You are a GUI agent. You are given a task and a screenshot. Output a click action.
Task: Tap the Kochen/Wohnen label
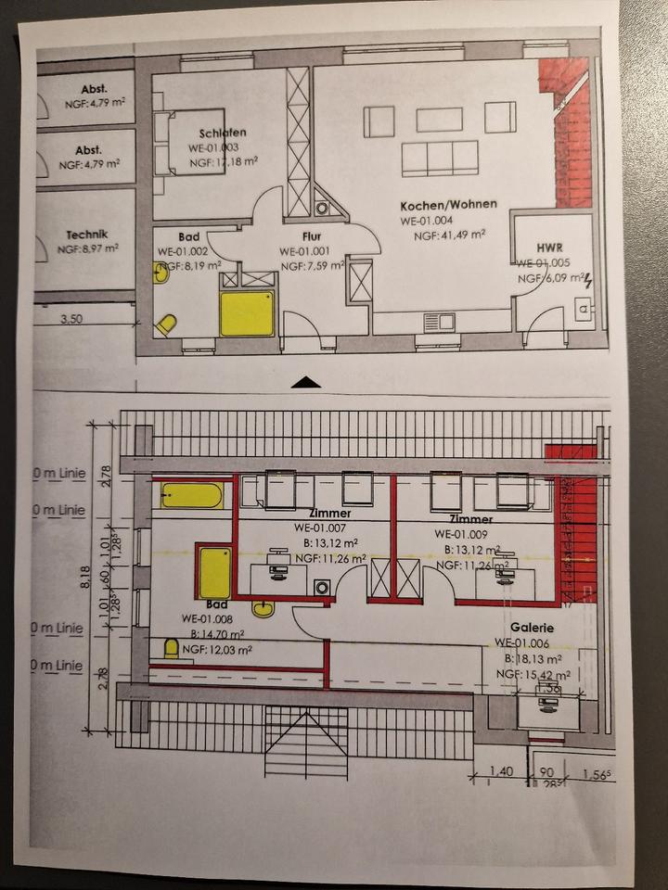tap(448, 205)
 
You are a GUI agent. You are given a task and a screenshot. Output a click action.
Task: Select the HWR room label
tap(550, 248)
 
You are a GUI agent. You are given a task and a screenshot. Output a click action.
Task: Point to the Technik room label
tap(87, 235)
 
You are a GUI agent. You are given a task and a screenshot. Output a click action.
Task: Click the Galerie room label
tap(520, 627)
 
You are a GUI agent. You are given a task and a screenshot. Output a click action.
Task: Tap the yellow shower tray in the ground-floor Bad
tap(247, 314)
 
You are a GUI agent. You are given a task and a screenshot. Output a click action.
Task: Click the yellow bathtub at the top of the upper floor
tap(191, 495)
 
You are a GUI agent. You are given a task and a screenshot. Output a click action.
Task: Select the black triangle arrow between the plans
tap(305, 381)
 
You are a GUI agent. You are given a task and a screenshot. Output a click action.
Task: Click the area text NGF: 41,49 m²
tap(450, 235)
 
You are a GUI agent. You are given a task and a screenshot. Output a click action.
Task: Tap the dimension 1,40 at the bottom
tap(502, 770)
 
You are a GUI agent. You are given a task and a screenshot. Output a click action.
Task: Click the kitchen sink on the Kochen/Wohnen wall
tap(436, 322)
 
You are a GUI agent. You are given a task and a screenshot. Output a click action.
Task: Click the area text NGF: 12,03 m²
tap(218, 652)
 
